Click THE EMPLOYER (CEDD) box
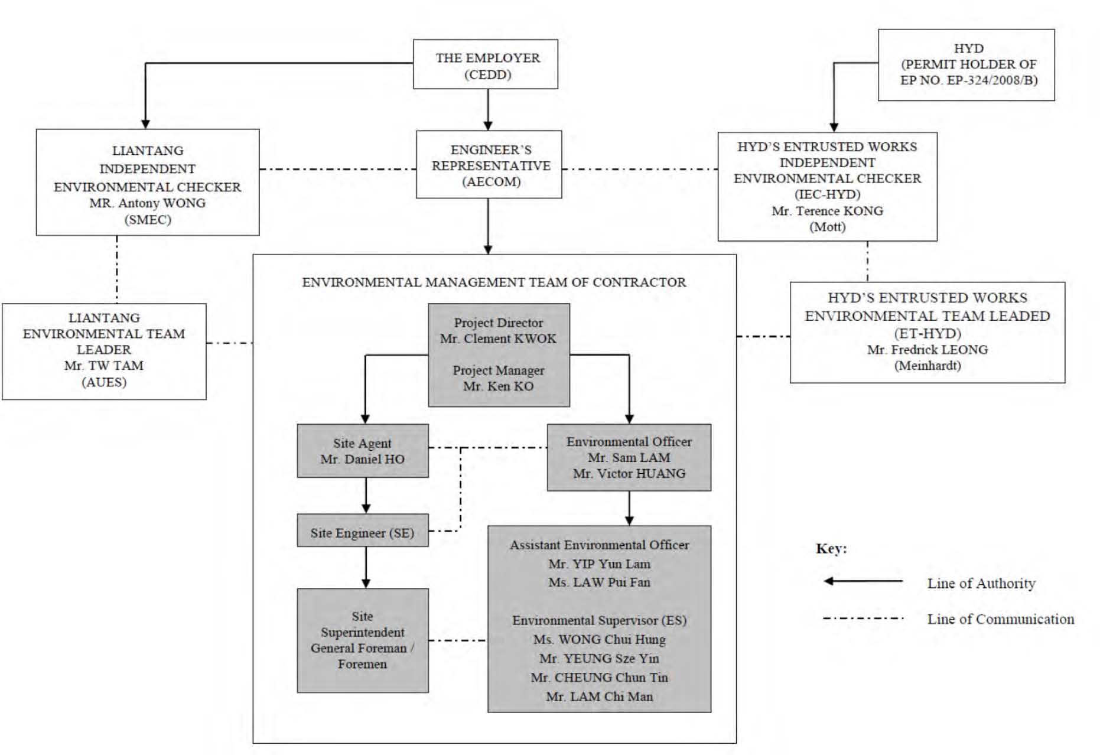tap(485, 64)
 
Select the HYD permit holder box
tap(966, 65)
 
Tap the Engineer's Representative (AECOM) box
tap(489, 164)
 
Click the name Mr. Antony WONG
tap(148, 203)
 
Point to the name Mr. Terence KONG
tap(827, 211)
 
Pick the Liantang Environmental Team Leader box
tap(104, 352)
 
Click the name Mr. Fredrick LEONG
tap(927, 350)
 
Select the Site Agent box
tap(363, 451)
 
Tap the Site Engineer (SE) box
tap(363, 531)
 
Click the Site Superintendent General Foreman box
tap(363, 640)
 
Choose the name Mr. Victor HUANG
tap(629, 474)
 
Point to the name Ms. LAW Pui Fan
tap(599, 582)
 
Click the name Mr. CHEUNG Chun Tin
tap(599, 678)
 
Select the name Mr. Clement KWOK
tap(498, 339)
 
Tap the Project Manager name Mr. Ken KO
tap(498, 386)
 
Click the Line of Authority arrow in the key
tap(863, 581)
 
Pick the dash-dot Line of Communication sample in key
tap(863, 619)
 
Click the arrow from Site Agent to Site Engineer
tap(366, 495)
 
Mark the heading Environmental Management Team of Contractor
tap(494, 282)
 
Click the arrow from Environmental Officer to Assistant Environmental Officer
tap(629, 508)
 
